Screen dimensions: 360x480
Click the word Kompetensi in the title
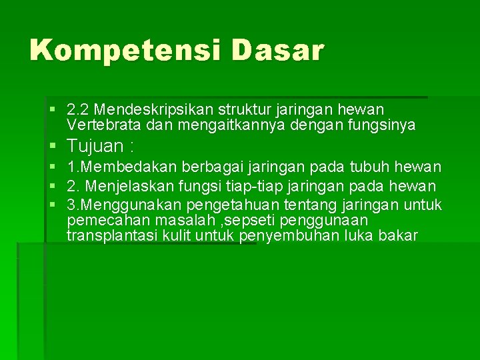point(123,51)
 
